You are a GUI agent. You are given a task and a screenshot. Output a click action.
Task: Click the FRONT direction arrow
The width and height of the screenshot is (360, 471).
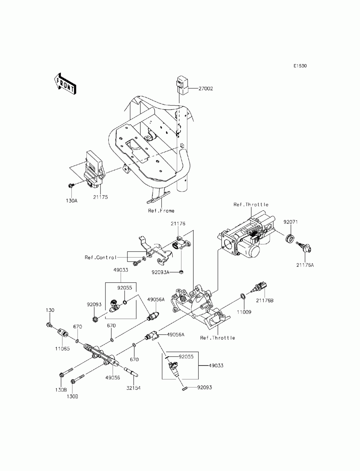(x=65, y=84)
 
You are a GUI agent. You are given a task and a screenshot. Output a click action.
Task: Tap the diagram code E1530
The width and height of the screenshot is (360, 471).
(x=300, y=66)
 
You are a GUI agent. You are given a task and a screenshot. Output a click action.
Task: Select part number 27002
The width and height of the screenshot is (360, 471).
(x=205, y=89)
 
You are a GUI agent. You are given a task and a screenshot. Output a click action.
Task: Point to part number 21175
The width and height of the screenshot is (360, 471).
(x=100, y=197)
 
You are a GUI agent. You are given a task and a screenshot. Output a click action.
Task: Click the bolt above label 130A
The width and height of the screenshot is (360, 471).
(x=71, y=185)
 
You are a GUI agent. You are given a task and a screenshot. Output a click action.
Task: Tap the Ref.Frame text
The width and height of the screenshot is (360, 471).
(x=161, y=211)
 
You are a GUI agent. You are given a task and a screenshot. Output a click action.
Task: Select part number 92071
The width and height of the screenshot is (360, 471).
(x=291, y=222)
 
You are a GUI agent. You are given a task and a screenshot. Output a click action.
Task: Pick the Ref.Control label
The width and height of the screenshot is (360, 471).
(x=100, y=257)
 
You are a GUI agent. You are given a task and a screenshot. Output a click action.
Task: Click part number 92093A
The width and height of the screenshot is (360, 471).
(x=160, y=272)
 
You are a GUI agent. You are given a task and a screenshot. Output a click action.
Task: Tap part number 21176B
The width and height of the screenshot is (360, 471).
(x=265, y=300)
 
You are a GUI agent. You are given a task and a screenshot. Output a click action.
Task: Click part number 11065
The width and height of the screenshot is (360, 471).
(x=62, y=349)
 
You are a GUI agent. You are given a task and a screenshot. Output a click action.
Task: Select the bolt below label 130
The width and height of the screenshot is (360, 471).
(x=49, y=325)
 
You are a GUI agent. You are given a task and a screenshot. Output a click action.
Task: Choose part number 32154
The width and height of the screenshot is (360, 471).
(x=133, y=388)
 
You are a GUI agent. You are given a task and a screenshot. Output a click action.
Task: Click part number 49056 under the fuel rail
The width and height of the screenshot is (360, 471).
(x=112, y=378)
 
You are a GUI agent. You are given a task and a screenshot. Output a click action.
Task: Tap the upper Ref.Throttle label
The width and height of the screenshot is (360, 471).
(x=251, y=204)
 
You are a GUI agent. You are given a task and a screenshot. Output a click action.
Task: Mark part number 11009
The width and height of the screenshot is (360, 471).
(x=244, y=312)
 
